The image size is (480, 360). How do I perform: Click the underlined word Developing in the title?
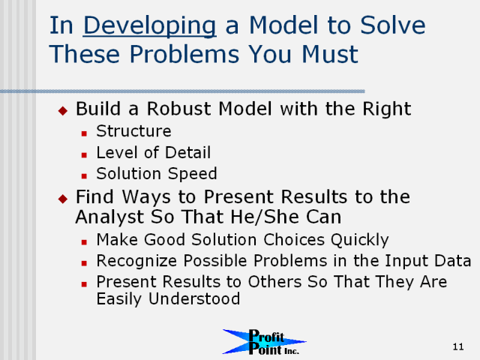pyautogui.click(x=150, y=26)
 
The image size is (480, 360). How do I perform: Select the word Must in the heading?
pyautogui.click(x=330, y=54)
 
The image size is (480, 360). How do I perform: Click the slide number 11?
pyautogui.click(x=458, y=346)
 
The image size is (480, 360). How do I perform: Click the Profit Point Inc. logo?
pyautogui.click(x=264, y=342)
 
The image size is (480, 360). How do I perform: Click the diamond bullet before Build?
pyautogui.click(x=63, y=110)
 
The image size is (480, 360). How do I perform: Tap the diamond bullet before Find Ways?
pyautogui.click(x=63, y=199)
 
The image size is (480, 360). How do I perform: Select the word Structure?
pyautogui.click(x=133, y=131)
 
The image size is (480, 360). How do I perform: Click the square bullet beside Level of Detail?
pyautogui.click(x=84, y=155)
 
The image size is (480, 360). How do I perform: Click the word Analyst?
pyautogui.click(x=109, y=217)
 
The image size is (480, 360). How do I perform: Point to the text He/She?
pyautogui.click(x=265, y=217)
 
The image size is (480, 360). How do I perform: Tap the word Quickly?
pyautogui.click(x=360, y=240)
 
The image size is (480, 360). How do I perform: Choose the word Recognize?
pyautogui.click(x=136, y=261)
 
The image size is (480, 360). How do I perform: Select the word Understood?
pyautogui.click(x=194, y=298)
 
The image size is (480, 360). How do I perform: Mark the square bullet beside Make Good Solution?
pyautogui.click(x=84, y=242)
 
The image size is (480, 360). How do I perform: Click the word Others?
pyautogui.click(x=274, y=282)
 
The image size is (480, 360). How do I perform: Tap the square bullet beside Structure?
pyautogui.click(x=84, y=133)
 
